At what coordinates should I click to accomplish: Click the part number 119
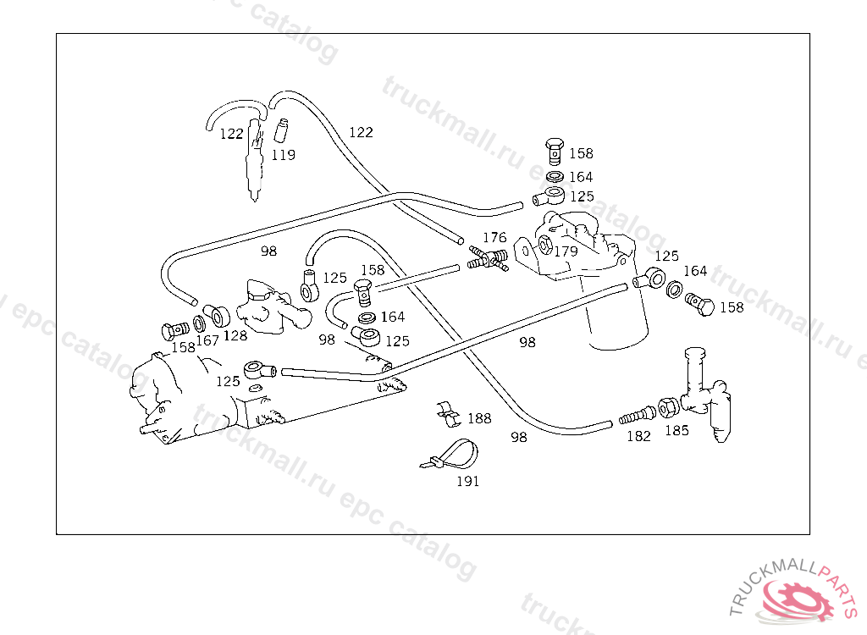coord(283,155)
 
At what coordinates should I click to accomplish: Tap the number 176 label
coord(494,238)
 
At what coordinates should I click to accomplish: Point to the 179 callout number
coord(566,251)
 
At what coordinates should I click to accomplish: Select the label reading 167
coord(207,340)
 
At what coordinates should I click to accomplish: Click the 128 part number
coord(235,335)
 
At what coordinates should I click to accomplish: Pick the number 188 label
coord(479,418)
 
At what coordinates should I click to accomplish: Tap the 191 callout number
coord(467,482)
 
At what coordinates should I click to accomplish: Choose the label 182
coord(638,436)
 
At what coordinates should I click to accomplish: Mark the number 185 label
coord(676,430)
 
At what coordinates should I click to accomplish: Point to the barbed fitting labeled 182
coord(637,415)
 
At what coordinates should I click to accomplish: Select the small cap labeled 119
coord(281,130)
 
